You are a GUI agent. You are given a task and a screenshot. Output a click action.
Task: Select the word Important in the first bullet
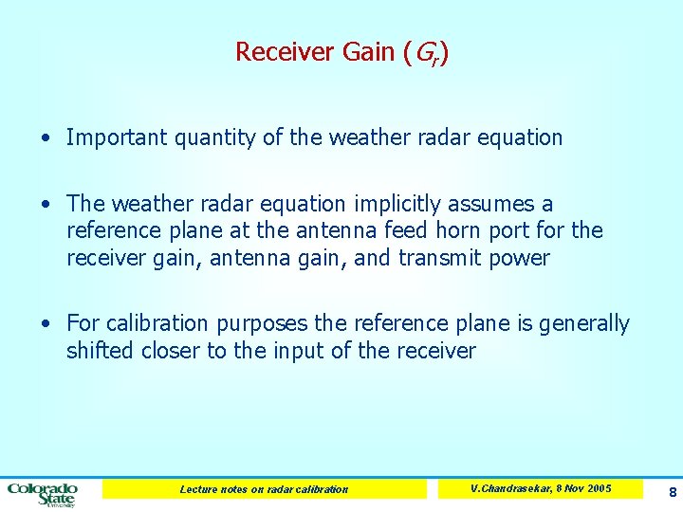point(113,137)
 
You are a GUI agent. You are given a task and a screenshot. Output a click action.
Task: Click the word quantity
point(211,137)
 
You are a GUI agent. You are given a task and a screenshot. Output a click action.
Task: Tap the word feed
point(403,231)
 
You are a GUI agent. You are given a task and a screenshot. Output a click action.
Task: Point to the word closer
point(168,351)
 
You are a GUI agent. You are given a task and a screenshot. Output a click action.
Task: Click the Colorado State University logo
point(44,493)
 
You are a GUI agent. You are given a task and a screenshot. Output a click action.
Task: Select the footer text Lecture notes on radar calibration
point(264,489)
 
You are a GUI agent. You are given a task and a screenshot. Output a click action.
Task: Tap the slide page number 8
point(672,492)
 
